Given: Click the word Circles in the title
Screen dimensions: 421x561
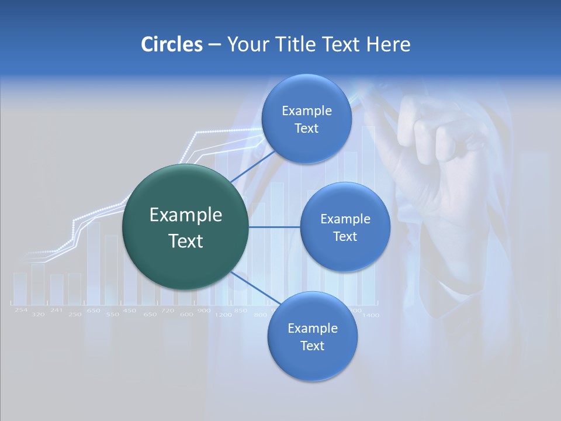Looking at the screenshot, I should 171,44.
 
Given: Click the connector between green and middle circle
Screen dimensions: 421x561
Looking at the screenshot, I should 274,227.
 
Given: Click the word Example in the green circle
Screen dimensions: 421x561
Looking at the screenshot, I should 185,215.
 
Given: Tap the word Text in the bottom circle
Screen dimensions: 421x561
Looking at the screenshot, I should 312,346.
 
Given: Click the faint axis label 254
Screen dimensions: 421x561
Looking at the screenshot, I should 21,310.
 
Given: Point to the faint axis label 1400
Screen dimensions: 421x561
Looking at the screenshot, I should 370,315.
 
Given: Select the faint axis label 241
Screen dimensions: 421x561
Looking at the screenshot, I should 56,310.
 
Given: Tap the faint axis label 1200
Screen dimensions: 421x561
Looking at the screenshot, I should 223,315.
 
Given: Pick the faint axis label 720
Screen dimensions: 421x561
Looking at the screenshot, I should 168,310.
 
